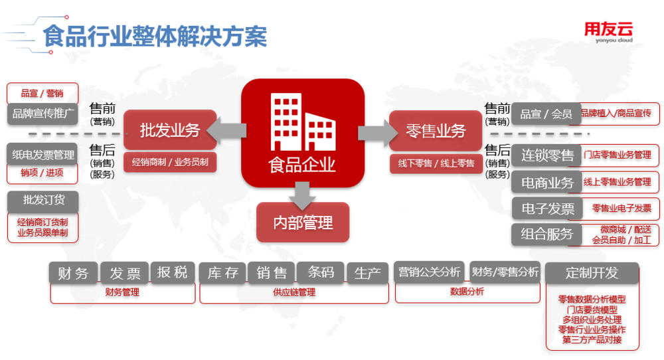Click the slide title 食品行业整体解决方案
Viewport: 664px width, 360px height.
[x=155, y=36]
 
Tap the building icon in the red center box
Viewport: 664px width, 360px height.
[x=303, y=122]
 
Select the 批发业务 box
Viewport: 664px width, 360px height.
[x=170, y=130]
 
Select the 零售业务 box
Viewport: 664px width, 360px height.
[x=436, y=130]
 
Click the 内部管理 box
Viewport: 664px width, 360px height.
[x=303, y=223]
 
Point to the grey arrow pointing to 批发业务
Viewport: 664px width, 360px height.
[x=226, y=130]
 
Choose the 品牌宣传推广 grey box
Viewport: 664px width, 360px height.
[x=42, y=114]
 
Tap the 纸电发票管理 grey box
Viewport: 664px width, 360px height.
[x=42, y=155]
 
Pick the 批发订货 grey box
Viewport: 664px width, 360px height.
[x=43, y=201]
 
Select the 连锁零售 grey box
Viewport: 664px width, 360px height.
[x=547, y=155]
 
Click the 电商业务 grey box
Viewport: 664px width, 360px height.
[x=547, y=183]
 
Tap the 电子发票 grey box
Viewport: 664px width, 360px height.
[x=547, y=209]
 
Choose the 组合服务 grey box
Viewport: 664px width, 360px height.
[x=546, y=234]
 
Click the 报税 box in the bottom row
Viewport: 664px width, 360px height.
[x=172, y=272]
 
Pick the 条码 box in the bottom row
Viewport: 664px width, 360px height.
[x=321, y=272]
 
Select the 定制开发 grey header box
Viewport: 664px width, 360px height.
[x=592, y=273]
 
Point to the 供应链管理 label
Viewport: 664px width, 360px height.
[x=294, y=292]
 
